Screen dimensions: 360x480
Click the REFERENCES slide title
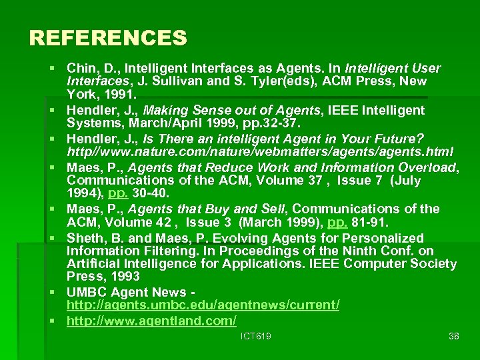click(108, 37)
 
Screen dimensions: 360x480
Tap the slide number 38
click(454, 336)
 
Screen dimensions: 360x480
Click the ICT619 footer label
click(256, 336)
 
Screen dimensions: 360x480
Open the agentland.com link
click(151, 321)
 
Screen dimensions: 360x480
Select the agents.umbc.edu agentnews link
click(203, 305)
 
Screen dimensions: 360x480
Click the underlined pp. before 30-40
click(118, 193)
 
